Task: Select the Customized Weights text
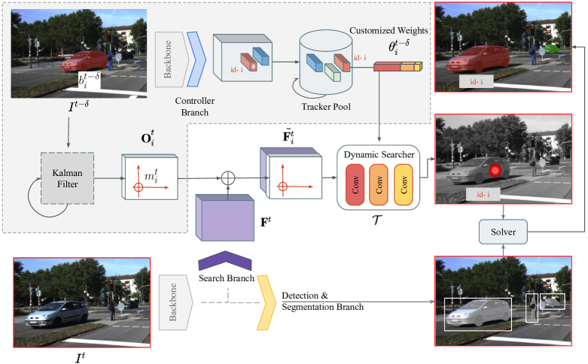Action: click(x=387, y=31)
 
